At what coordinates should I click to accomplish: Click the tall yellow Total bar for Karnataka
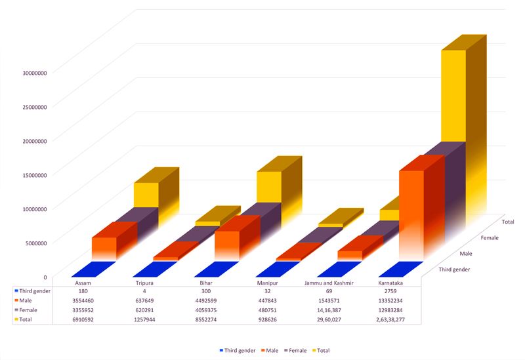452,98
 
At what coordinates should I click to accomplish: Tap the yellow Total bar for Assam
146,194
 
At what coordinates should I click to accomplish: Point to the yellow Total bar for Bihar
268,186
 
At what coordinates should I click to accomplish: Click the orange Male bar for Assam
104,247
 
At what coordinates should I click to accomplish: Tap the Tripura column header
144,283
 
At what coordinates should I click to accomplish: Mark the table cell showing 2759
392,290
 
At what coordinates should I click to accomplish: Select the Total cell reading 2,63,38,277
392,319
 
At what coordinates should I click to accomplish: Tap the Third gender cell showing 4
144,290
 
